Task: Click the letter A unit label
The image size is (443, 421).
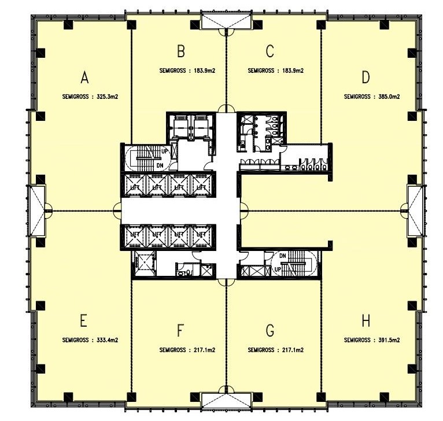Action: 85,77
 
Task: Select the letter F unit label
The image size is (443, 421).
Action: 180,330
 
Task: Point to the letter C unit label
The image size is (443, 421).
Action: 270,52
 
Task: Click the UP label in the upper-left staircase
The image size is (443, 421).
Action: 165,152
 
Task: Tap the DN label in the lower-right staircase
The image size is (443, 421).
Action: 283,256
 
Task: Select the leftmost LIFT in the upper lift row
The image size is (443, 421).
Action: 136,187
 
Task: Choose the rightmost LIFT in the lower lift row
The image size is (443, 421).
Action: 201,234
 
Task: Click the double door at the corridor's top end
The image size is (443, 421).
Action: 226,109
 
